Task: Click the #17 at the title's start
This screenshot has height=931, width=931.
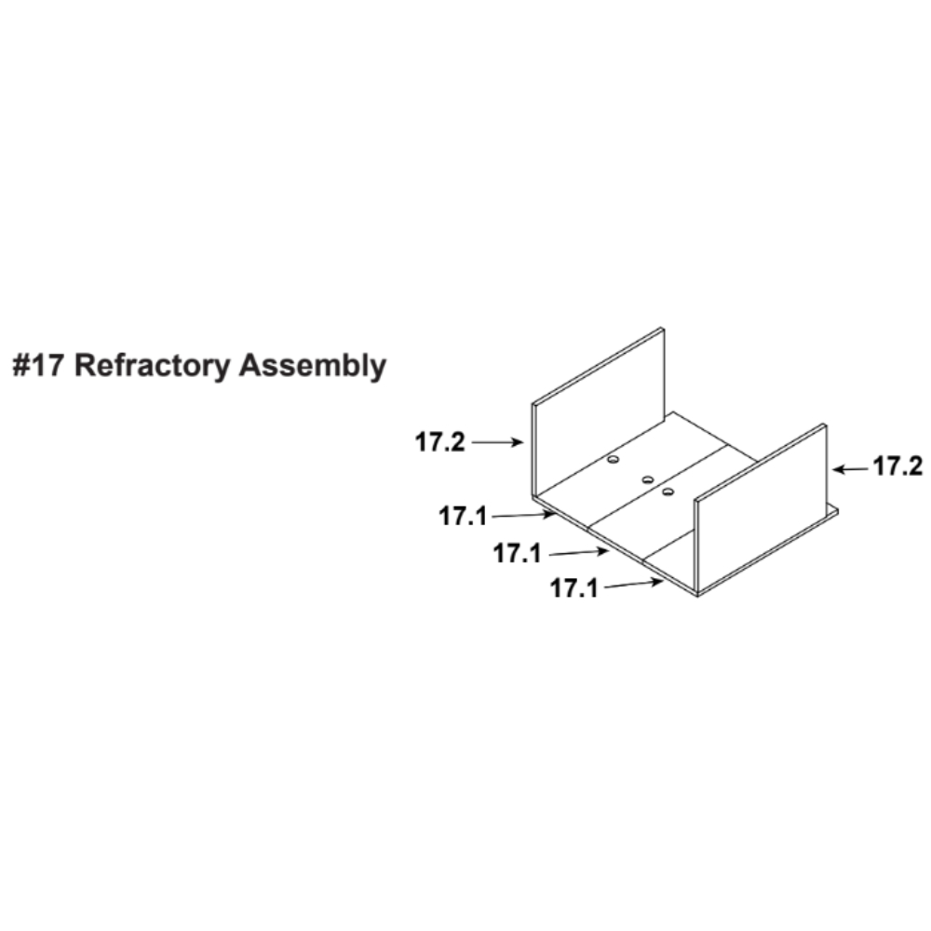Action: pyautogui.click(x=37, y=365)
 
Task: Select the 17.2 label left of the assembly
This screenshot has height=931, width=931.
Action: pyautogui.click(x=439, y=442)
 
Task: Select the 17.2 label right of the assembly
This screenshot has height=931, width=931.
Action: pyautogui.click(x=897, y=466)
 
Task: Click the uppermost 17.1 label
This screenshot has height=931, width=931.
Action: pyautogui.click(x=463, y=516)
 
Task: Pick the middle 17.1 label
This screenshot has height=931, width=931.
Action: pyautogui.click(x=517, y=553)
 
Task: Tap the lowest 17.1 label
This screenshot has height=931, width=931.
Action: pyautogui.click(x=574, y=588)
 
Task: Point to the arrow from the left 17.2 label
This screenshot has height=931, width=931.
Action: pyautogui.click(x=497, y=442)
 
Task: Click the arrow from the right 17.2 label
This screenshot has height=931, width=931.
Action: pyautogui.click(x=850, y=469)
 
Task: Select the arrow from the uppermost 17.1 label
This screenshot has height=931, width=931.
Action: pyautogui.click(x=524, y=515)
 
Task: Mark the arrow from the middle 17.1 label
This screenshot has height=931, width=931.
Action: pyautogui.click(x=579, y=553)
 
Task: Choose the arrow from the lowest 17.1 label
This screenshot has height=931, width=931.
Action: pyautogui.click(x=633, y=585)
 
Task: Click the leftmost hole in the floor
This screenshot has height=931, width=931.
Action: pyautogui.click(x=613, y=460)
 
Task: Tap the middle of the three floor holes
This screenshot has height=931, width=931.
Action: pyautogui.click(x=648, y=479)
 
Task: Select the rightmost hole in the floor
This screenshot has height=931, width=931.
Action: pyautogui.click(x=668, y=492)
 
